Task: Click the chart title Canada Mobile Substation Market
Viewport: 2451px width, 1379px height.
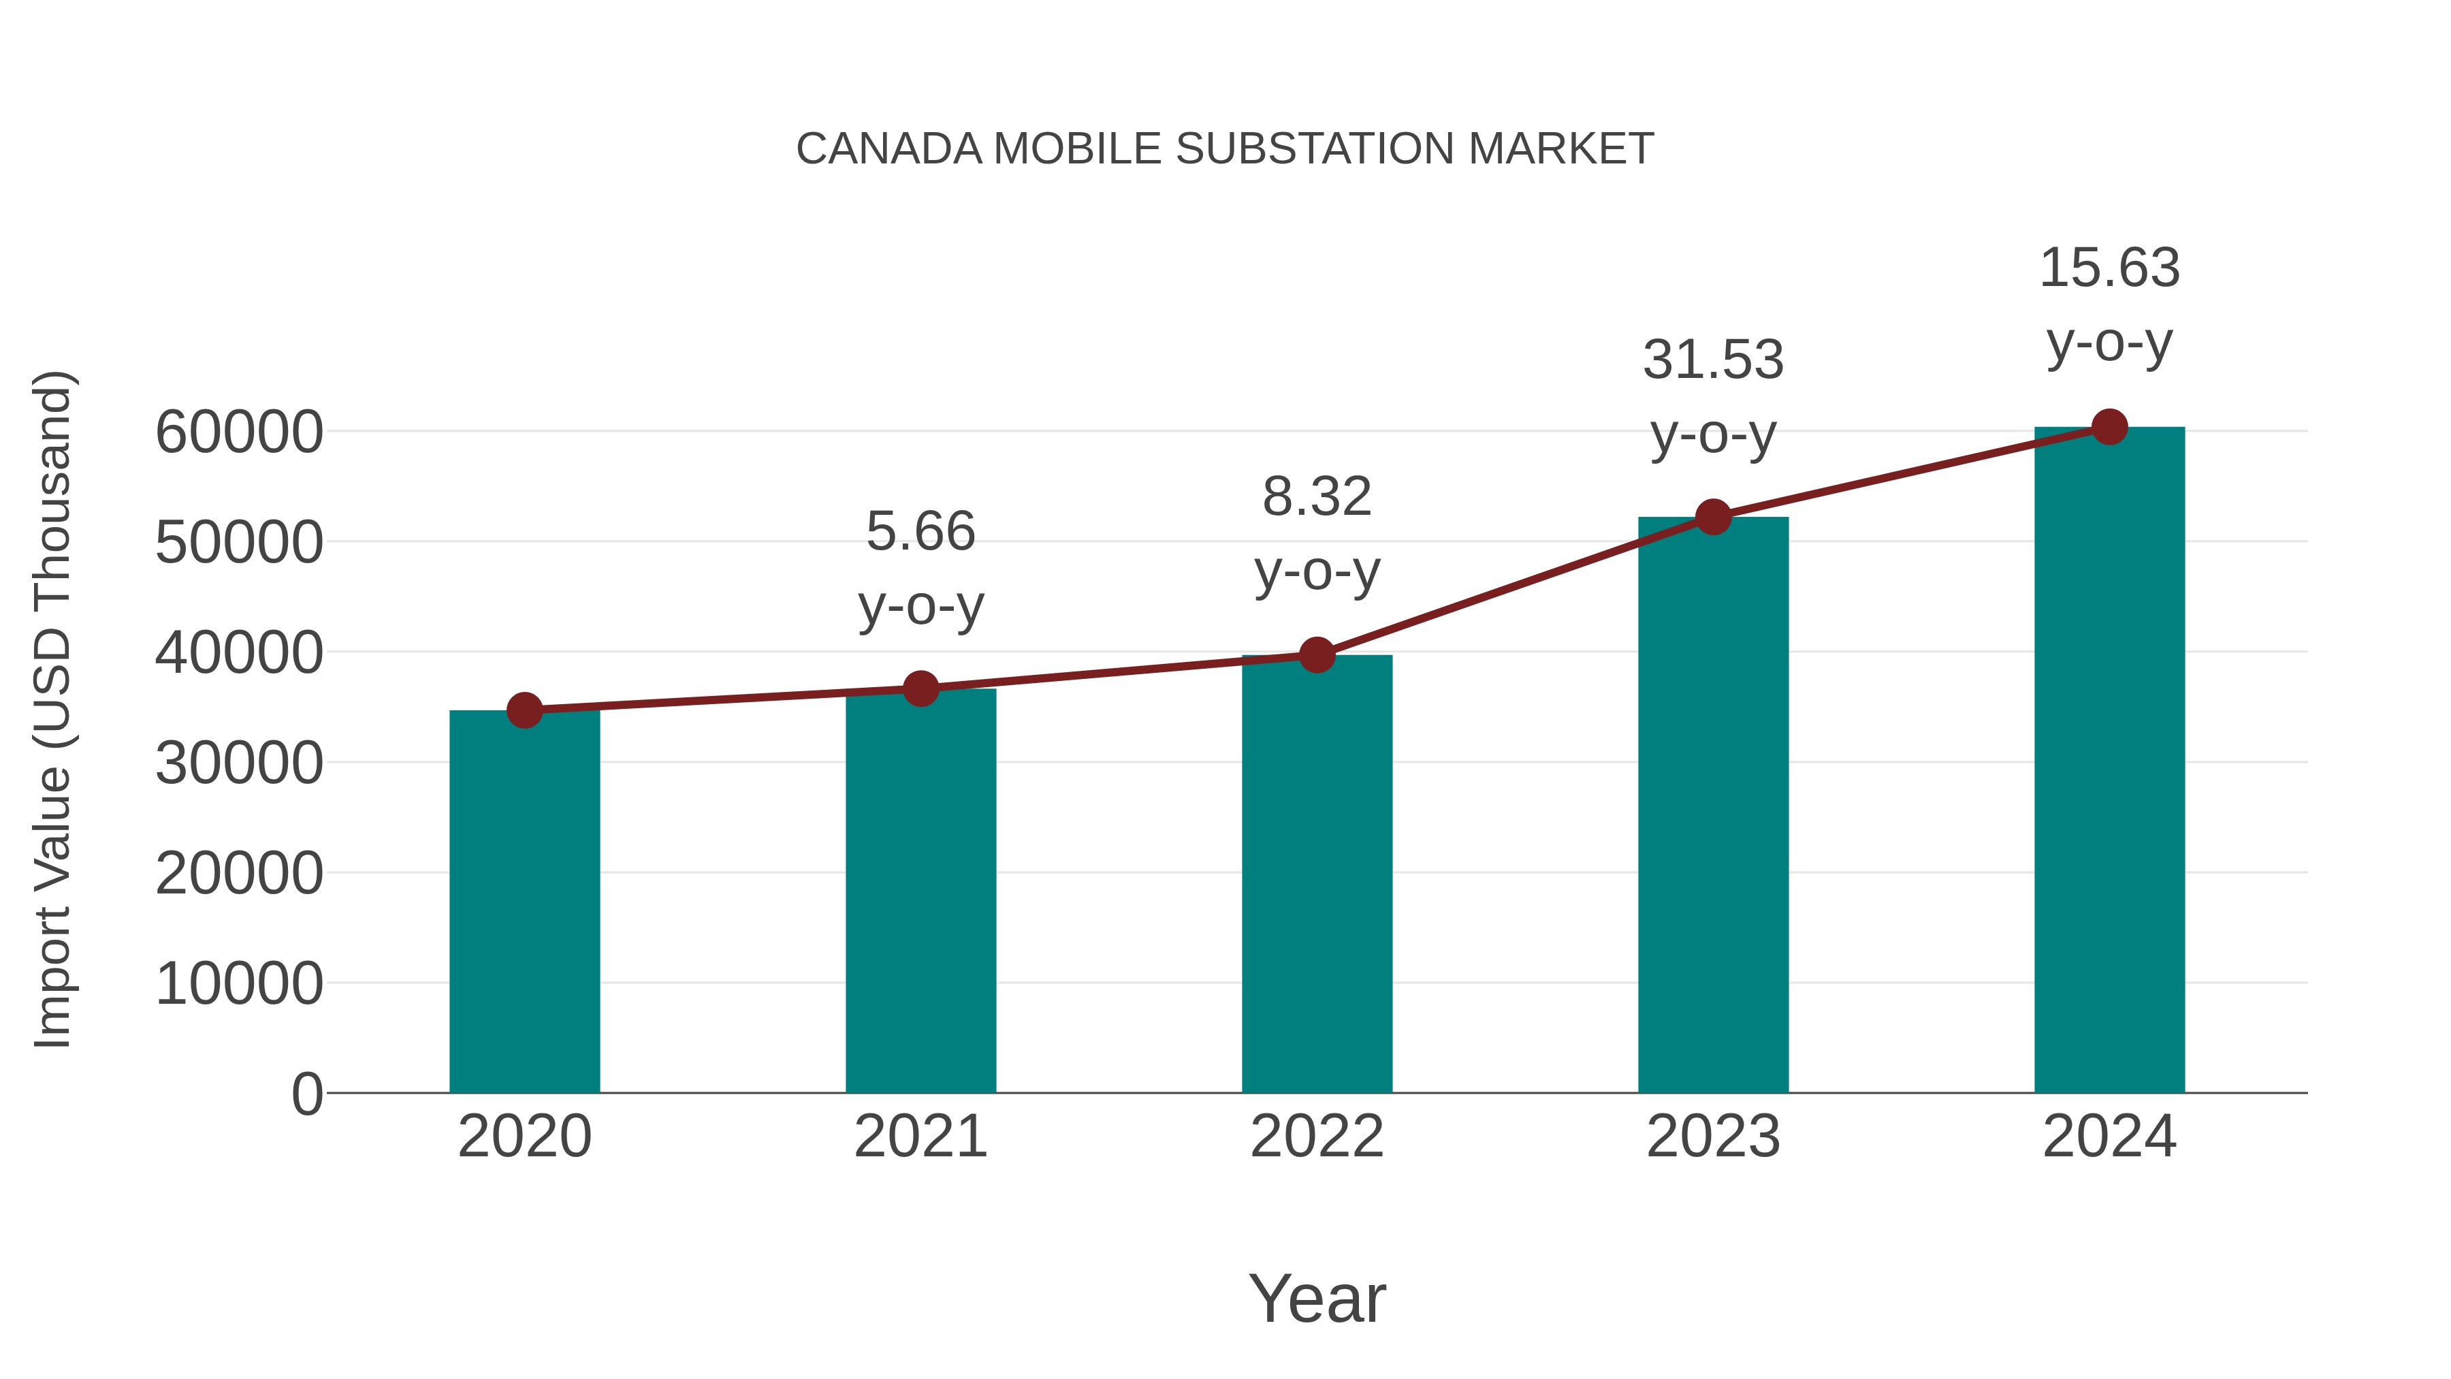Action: (x=1225, y=148)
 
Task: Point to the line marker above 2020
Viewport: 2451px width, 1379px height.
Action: (x=524, y=710)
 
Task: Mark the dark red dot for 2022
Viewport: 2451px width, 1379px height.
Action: (x=1317, y=654)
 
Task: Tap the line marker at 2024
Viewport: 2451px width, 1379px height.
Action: (x=2109, y=427)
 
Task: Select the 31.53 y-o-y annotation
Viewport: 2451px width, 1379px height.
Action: (x=1713, y=397)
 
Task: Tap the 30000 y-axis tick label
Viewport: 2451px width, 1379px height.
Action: (x=239, y=763)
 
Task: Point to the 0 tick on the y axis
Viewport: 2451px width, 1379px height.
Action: (x=306, y=1094)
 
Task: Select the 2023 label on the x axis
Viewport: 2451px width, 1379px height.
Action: (x=1713, y=1137)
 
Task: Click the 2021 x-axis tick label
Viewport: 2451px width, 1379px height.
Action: (x=920, y=1137)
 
